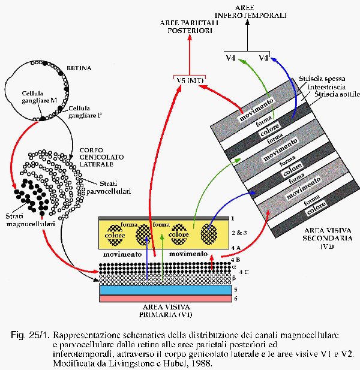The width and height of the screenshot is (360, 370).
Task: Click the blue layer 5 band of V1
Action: pyautogui.click(x=164, y=290)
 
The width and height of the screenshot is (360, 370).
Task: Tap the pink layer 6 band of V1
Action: pyautogui.click(x=164, y=299)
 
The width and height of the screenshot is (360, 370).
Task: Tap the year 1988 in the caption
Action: pyautogui.click(x=200, y=363)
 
